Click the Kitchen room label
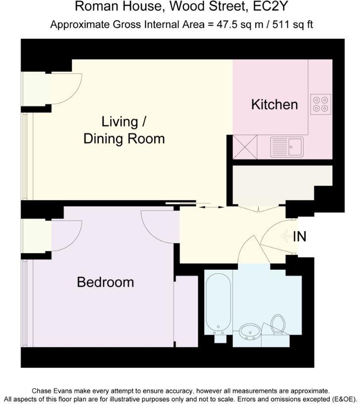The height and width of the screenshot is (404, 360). click(274, 104)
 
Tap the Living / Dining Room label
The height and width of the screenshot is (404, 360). click(124, 130)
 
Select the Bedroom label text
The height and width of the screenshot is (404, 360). click(105, 282)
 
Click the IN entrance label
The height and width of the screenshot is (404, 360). click(300, 237)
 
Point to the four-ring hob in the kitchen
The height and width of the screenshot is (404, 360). click(320, 103)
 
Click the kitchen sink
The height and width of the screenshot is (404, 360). click(287, 147)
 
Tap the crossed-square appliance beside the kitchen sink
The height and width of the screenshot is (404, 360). click(245, 147)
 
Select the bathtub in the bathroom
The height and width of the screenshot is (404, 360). click(218, 302)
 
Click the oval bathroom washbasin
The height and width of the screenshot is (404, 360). click(250, 332)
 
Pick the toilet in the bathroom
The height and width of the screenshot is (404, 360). click(278, 325)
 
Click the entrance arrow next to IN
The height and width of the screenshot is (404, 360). click(286, 237)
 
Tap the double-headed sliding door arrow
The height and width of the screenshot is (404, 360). click(207, 207)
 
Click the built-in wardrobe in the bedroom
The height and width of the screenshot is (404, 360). click(186, 311)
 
